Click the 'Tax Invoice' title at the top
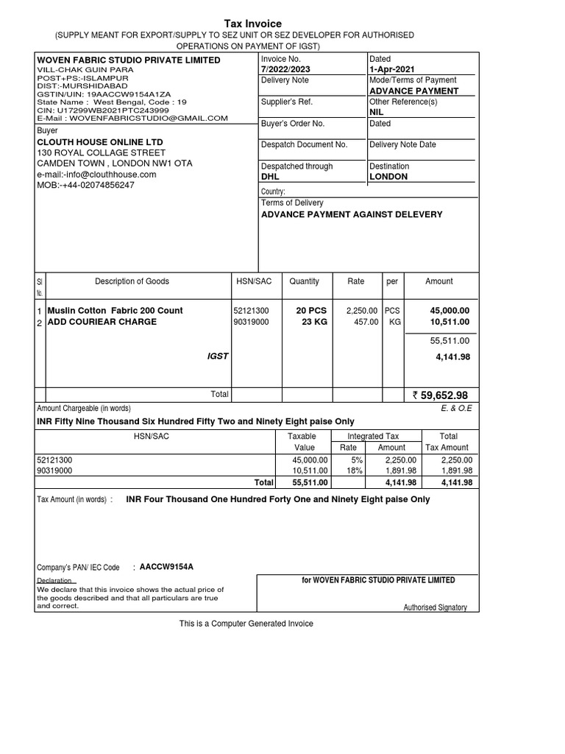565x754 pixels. coord(252,24)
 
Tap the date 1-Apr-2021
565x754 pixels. coord(392,69)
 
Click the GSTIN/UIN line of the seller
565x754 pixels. coord(104,94)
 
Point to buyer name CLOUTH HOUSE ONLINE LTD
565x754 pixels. coord(100,141)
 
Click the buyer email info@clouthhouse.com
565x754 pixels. coord(96,175)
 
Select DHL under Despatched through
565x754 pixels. coord(270,177)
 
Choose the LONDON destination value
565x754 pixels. coord(388,177)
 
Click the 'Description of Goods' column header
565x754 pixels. coord(132,281)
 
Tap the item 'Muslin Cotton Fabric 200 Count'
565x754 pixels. coord(115,311)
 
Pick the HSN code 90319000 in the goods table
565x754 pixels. coord(251,322)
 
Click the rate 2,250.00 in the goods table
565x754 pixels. coord(362,311)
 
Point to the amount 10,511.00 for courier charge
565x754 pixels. coord(449,322)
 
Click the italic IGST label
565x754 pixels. coord(218,356)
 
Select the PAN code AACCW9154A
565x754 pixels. coord(166,567)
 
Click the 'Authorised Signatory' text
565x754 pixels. coord(435,607)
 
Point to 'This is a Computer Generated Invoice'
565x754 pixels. coord(246,624)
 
